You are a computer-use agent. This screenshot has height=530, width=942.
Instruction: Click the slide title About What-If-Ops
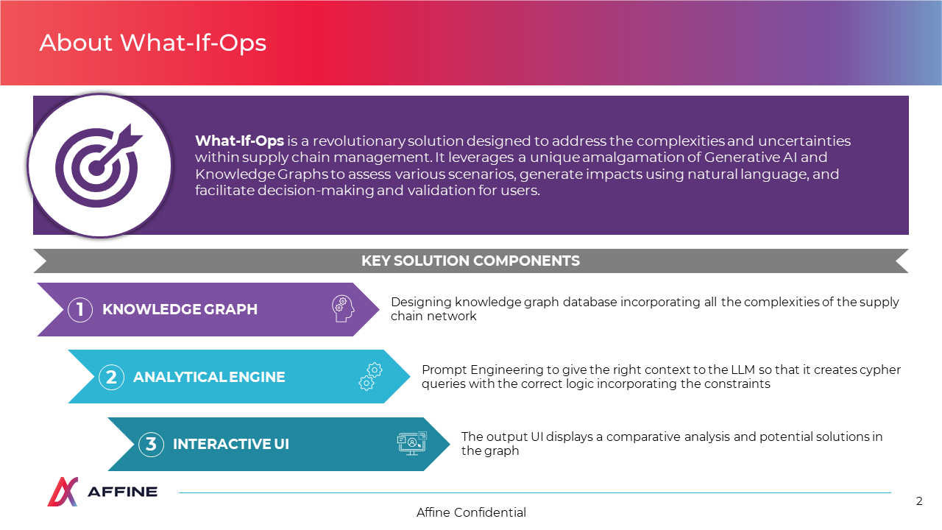point(153,43)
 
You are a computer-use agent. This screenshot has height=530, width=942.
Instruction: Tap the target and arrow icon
point(99,166)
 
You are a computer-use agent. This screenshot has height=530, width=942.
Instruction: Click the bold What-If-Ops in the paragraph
point(239,141)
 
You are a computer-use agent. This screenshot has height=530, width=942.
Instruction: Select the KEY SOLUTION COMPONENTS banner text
point(470,261)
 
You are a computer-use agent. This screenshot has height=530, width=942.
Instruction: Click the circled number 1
point(80,310)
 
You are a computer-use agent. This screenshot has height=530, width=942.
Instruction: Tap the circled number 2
point(111,378)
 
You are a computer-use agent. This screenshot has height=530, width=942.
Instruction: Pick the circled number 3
point(151,444)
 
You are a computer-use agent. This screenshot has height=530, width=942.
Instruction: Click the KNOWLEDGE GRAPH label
point(180,310)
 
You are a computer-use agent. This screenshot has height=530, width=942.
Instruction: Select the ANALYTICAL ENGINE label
point(209,378)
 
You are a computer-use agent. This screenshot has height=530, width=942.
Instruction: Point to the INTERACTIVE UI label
point(231,444)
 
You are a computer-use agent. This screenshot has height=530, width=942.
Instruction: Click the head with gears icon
point(343,308)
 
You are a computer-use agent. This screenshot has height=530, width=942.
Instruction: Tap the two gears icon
point(370,377)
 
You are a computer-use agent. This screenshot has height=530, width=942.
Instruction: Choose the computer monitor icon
point(412,443)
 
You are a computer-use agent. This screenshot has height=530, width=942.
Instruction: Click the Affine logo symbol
point(63,492)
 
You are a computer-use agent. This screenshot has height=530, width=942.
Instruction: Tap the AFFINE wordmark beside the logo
point(122,492)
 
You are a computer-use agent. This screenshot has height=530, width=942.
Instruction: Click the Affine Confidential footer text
point(471,512)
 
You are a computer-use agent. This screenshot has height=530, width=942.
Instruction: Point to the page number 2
point(919,501)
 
